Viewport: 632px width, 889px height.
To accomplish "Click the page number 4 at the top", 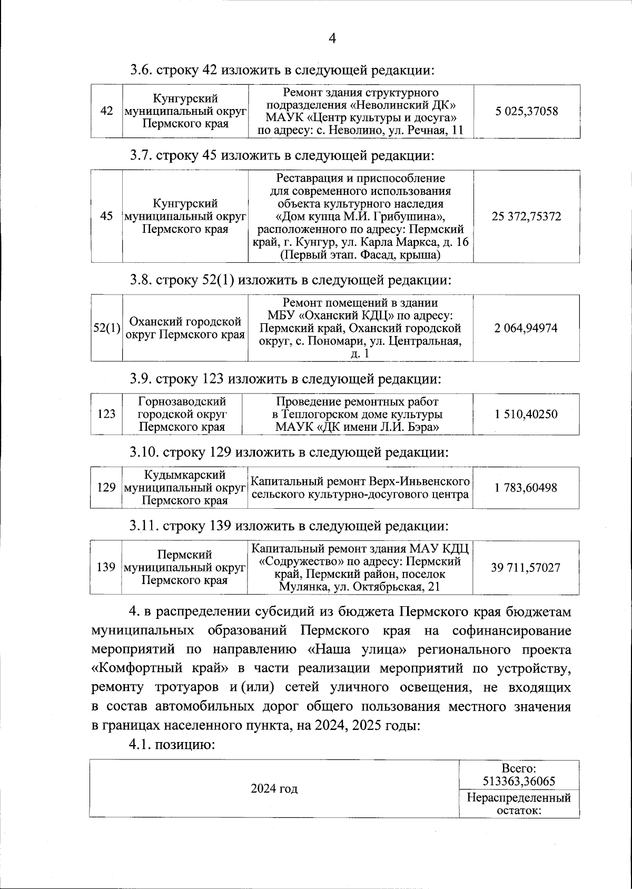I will click(x=332, y=38).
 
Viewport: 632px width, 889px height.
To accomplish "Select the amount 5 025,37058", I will click(x=526, y=111).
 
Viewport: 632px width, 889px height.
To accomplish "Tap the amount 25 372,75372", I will click(x=526, y=216).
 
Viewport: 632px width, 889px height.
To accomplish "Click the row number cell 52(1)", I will click(x=107, y=328).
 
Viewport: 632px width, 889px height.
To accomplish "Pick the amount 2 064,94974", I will click(x=526, y=328).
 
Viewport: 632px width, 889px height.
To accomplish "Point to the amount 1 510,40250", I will click(x=526, y=414).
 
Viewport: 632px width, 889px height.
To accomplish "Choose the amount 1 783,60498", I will click(x=526, y=488).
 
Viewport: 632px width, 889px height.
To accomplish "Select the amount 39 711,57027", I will click(x=526, y=567).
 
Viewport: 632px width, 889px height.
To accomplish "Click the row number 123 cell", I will click(x=106, y=414).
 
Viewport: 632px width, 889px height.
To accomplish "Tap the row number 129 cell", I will click(x=106, y=488).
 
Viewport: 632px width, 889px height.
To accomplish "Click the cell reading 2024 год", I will click(x=274, y=788).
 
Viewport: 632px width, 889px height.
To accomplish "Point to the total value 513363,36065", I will click(x=519, y=781).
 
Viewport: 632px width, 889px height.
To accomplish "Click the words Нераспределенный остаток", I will click(x=519, y=804).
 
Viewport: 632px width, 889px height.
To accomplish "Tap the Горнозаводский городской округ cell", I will click(x=182, y=414).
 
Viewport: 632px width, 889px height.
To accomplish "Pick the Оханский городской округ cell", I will click(x=185, y=328).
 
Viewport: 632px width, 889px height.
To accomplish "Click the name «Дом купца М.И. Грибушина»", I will click(x=361, y=216).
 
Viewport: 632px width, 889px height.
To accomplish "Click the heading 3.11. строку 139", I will click(x=290, y=526).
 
